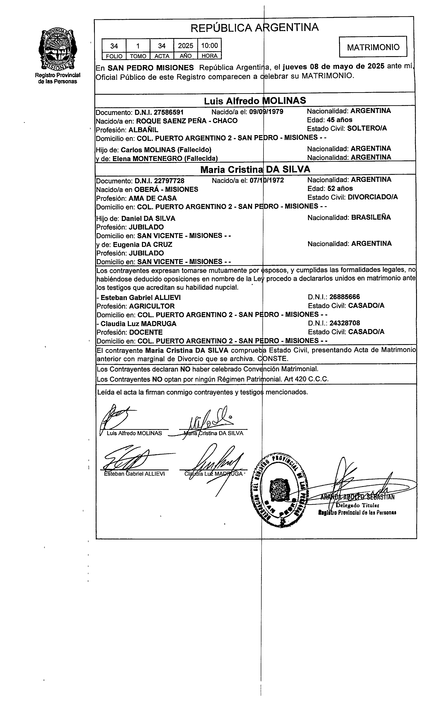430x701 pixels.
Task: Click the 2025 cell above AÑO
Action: coord(186,46)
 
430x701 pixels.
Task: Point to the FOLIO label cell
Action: coord(114,56)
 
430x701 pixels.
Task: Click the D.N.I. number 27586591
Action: coord(159,112)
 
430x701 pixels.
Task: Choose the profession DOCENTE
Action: coord(146,332)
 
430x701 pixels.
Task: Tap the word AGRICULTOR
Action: coord(152,306)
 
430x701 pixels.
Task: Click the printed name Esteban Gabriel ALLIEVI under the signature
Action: coord(134,474)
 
